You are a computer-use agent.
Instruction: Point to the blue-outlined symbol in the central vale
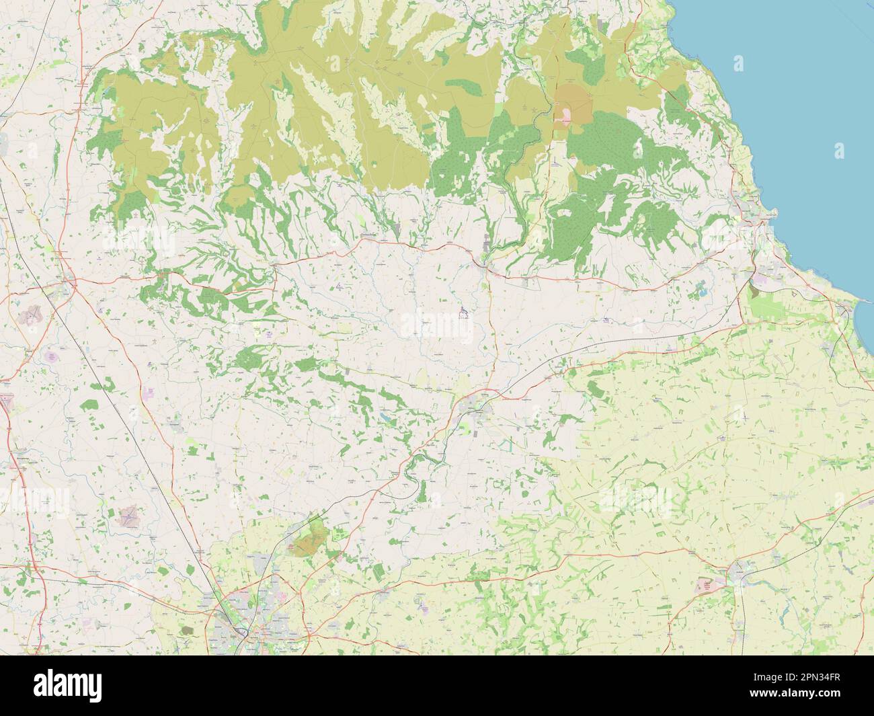click(x=463, y=313)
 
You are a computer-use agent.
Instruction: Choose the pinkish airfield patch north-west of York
click(x=128, y=516)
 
